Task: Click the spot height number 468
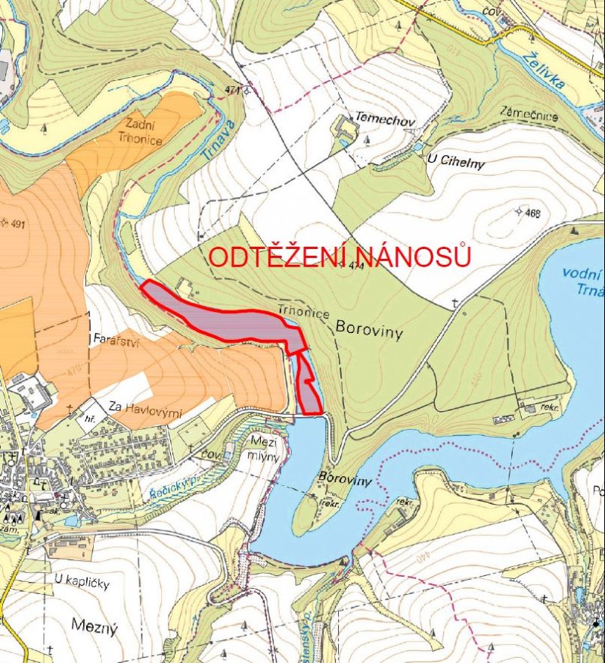pos(532,213)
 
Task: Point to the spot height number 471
pos(231,90)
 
